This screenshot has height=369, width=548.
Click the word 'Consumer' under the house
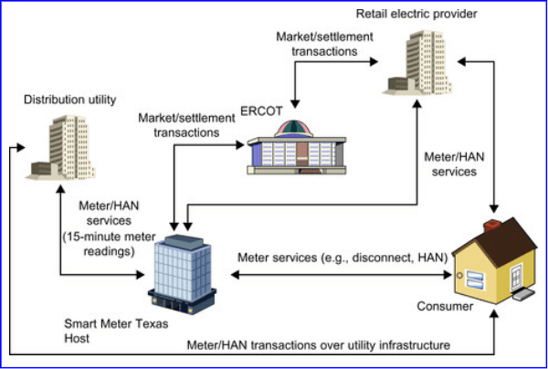(x=445, y=307)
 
